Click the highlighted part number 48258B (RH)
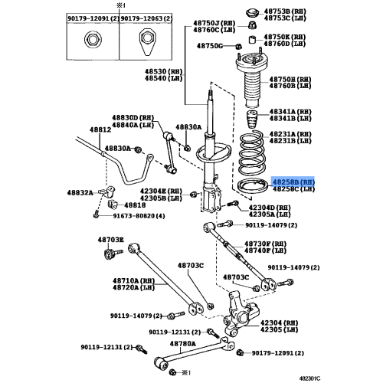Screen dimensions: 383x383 [293, 182]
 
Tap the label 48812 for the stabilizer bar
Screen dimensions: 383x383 [100, 129]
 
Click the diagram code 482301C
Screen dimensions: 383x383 [309, 378]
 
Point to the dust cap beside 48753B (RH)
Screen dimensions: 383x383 [253, 13]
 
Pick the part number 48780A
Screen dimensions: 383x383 [183, 344]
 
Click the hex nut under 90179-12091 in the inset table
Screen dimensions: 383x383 [93, 40]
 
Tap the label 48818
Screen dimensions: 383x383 [135, 205]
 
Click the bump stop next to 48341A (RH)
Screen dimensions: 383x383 [252, 120]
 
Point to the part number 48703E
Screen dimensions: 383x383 [111, 240]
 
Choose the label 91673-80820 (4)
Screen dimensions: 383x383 [139, 216]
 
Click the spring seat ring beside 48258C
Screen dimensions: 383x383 [253, 186]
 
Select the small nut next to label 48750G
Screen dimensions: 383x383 [238, 47]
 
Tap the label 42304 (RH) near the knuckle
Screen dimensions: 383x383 [280, 322]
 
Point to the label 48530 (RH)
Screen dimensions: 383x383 [164, 71]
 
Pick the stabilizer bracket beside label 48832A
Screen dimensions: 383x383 [109, 192]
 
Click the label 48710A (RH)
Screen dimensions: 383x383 [134, 280]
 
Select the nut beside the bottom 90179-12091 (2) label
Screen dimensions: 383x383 [240, 353]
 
